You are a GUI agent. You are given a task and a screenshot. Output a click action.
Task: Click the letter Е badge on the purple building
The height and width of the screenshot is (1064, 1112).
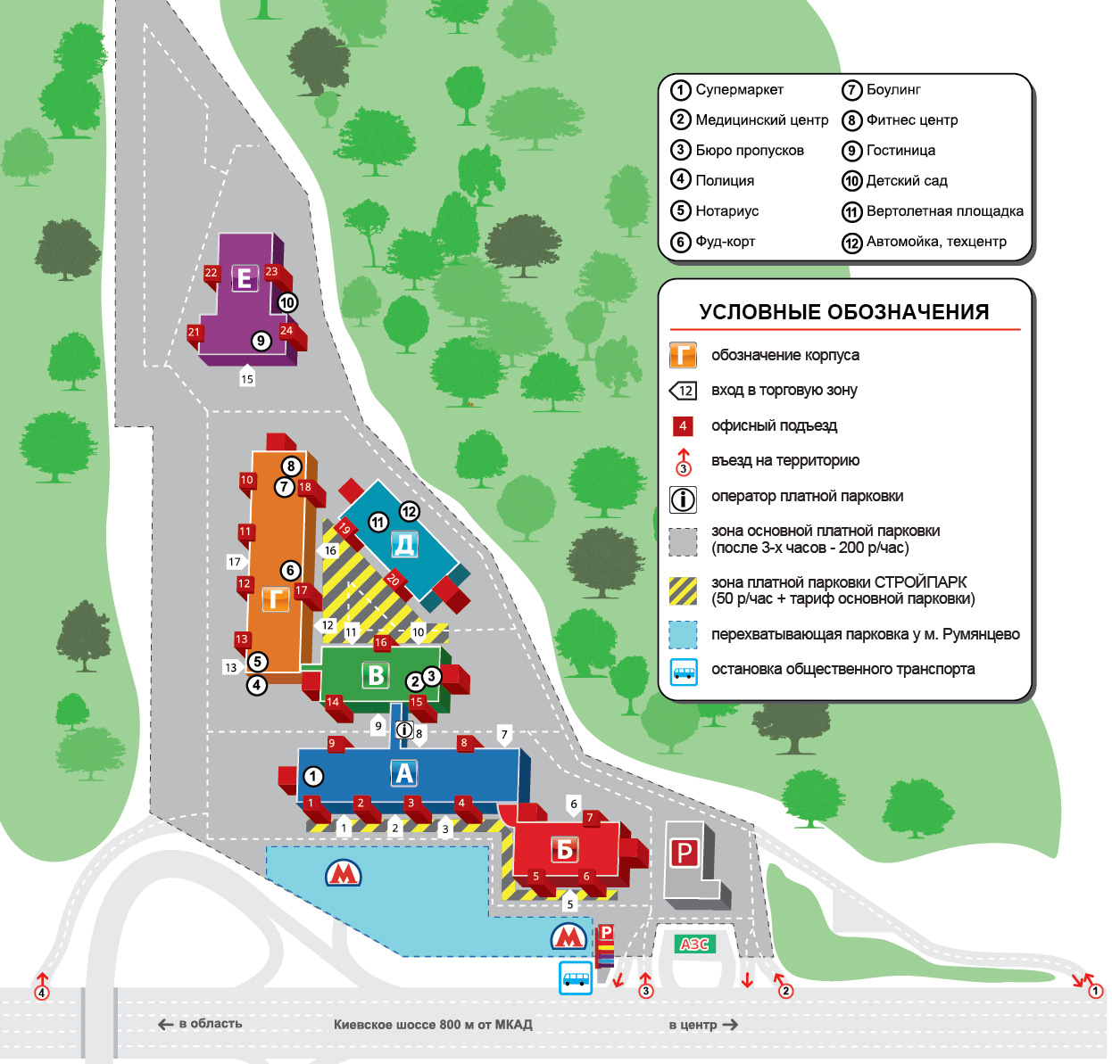(244, 278)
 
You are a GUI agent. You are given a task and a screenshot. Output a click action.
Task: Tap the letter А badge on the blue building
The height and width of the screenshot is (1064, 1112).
(403, 773)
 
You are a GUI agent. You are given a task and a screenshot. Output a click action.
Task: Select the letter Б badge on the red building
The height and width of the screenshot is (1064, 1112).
(565, 849)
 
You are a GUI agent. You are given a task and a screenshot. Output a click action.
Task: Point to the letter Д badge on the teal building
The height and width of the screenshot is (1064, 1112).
(404, 544)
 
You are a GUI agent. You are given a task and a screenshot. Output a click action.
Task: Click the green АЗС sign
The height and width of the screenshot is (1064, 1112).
(694, 944)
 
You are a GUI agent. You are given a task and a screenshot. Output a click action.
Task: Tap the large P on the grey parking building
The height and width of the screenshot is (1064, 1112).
(684, 854)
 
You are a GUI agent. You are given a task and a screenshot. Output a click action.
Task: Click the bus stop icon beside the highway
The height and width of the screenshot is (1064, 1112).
(576, 977)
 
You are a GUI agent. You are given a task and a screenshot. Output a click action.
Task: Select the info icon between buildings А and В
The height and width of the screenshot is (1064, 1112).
(404, 730)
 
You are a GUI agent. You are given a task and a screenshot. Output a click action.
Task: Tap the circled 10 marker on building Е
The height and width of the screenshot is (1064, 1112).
(287, 302)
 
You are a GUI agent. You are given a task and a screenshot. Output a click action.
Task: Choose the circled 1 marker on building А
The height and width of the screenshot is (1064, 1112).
(312, 776)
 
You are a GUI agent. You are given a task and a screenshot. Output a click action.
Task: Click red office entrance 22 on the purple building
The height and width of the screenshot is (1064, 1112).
(211, 273)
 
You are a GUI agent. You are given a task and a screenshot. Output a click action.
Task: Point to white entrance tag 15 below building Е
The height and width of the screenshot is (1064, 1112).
(247, 376)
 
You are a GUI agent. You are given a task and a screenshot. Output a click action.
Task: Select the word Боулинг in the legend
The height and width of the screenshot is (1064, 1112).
(893, 90)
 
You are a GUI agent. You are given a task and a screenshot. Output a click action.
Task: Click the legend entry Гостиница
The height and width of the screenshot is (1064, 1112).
(900, 150)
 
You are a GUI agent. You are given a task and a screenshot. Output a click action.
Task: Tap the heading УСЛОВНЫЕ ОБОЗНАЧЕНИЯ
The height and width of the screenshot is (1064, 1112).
(844, 312)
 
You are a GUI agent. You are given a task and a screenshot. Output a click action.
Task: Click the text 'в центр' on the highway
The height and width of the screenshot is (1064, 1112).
(693, 1025)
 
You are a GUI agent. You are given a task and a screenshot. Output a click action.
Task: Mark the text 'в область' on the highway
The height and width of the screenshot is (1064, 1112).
(211, 1023)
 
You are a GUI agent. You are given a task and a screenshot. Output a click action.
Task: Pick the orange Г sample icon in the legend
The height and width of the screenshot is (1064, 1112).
(683, 355)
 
